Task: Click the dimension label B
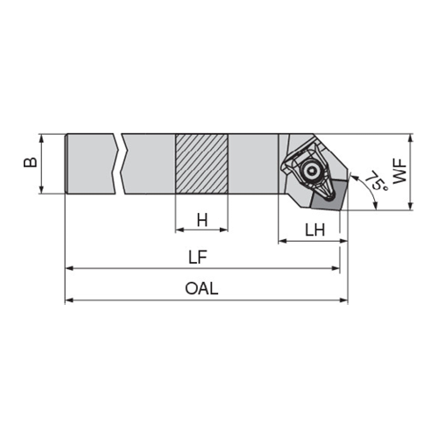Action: point(31,162)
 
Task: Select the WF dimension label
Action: point(399,172)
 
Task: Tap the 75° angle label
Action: point(377,180)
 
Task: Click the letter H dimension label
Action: point(202,220)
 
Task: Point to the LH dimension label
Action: point(314,230)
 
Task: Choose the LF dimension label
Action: point(198,258)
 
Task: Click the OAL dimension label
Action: point(201,288)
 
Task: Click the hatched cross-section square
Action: point(201,164)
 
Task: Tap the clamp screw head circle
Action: point(310,172)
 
